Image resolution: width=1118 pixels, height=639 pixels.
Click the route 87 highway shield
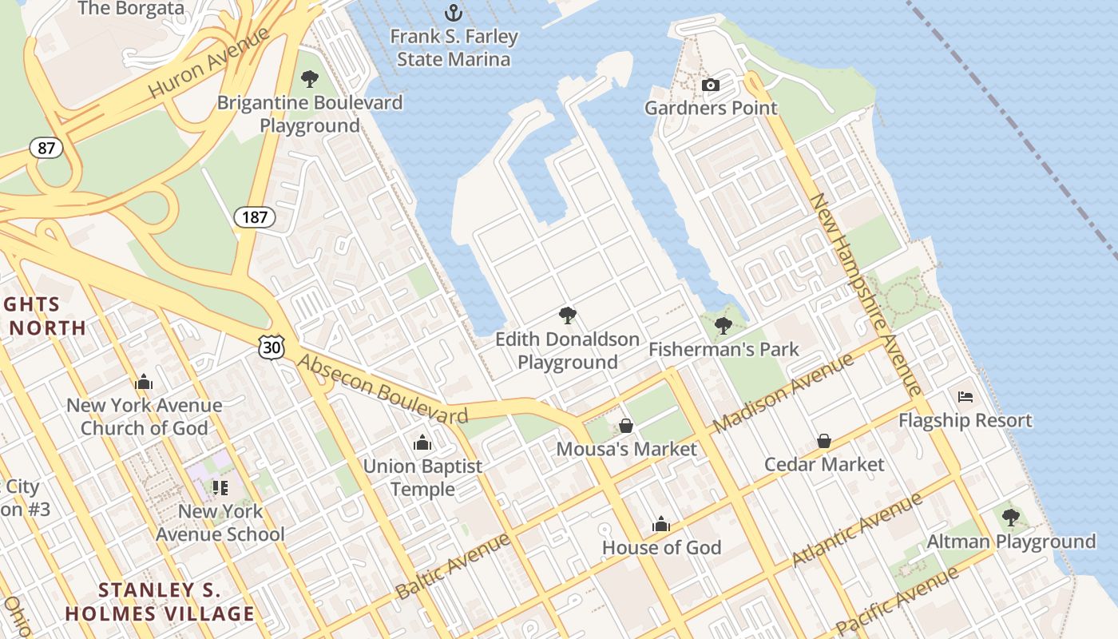pyautogui.click(x=46, y=148)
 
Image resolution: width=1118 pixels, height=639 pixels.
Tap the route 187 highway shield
pyautogui.click(x=255, y=216)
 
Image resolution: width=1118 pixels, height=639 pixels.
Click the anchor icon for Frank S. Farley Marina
pyautogui.click(x=454, y=13)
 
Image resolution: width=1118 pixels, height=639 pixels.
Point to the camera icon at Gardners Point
pyautogui.click(x=710, y=85)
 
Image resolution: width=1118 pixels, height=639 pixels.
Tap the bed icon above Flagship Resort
pyautogui.click(x=965, y=396)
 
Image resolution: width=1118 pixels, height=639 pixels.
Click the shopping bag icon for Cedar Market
pyautogui.click(x=824, y=441)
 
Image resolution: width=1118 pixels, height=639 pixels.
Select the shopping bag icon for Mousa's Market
pyautogui.click(x=626, y=426)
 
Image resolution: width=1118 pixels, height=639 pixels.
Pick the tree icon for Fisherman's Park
pyautogui.click(x=724, y=326)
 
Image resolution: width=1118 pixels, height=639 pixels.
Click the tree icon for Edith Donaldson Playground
pyautogui.click(x=568, y=316)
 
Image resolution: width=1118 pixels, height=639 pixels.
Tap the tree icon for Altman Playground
pyautogui.click(x=1011, y=518)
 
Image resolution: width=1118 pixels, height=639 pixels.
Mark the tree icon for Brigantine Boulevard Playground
pyautogui.click(x=310, y=79)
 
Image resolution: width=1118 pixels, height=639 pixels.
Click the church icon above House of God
pyautogui.click(x=661, y=524)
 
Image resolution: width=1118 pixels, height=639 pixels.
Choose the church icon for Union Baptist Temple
pyautogui.click(x=422, y=443)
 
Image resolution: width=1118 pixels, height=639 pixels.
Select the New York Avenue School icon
pyautogui.click(x=220, y=487)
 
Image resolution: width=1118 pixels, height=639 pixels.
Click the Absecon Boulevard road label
pyautogui.click(x=383, y=389)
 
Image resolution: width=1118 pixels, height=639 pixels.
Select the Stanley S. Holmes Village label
pyautogui.click(x=160, y=602)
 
